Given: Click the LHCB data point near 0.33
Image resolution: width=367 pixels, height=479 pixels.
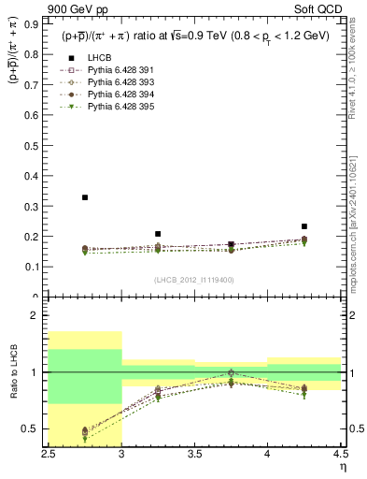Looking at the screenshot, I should (85, 197).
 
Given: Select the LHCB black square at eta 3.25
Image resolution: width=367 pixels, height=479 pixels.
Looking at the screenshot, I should (158, 234).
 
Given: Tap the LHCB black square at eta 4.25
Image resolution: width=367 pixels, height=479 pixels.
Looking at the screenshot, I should (303, 226).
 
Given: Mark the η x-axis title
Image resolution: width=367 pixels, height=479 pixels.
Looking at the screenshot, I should (342, 467).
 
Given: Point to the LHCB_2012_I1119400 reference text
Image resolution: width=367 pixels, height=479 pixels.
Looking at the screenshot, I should (194, 280).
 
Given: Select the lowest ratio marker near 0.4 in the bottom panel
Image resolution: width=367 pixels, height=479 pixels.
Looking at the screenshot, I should (85, 439).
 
